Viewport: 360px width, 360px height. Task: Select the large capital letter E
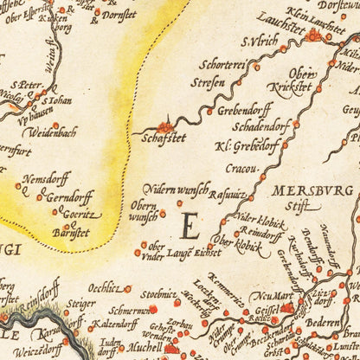191,227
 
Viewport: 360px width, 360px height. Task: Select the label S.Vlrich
258,40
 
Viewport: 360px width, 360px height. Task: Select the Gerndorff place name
68,195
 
